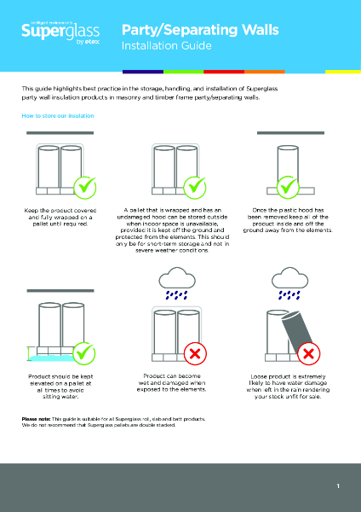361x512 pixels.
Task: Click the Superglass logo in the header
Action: coord(51,32)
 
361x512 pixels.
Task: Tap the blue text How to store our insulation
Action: coord(58,115)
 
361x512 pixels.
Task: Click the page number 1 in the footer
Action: coord(338,486)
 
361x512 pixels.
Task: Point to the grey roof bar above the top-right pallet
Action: coord(284,133)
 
